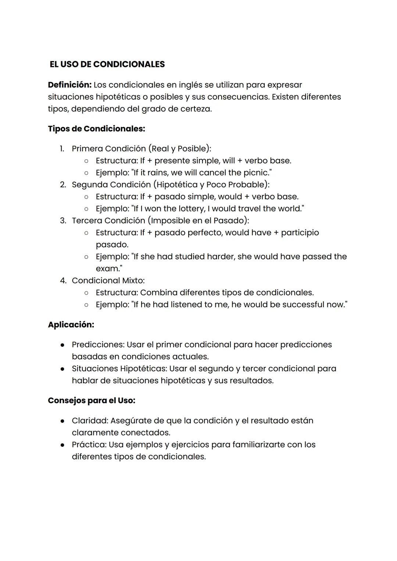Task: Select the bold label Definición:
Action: [69, 85]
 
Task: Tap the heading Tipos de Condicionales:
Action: [96, 129]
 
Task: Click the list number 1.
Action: [62, 149]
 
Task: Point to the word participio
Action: [300, 232]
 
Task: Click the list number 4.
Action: [63, 281]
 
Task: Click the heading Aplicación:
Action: [71, 325]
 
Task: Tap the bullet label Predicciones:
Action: [98, 345]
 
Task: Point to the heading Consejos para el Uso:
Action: [92, 401]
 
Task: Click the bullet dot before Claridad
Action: [63, 421]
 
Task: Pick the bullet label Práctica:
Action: [89, 445]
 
